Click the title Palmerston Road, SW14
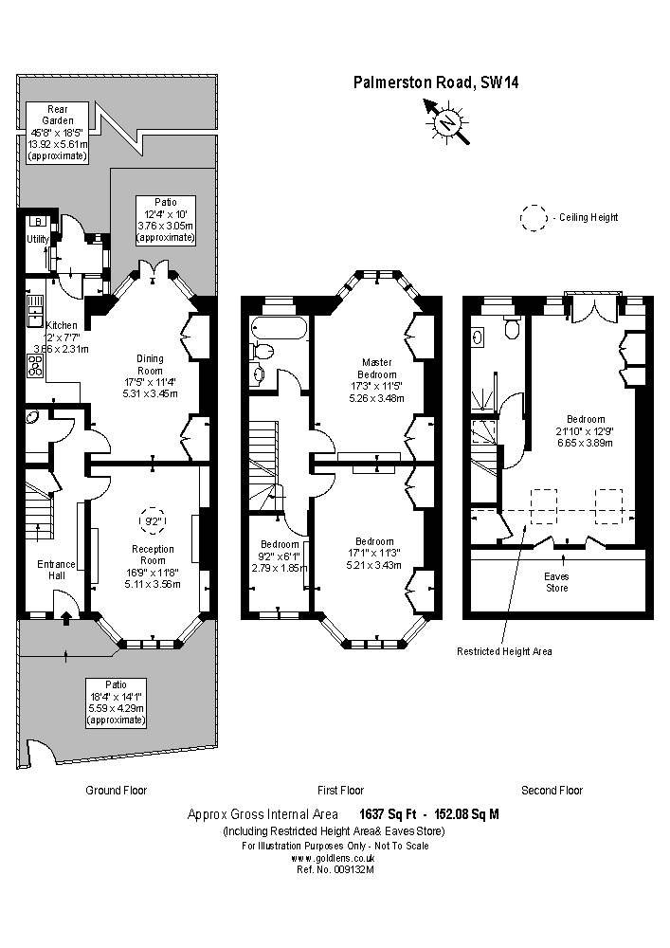pyautogui.click(x=436, y=82)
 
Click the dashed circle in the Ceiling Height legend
pyautogui.click(x=534, y=217)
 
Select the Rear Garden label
pyautogui.click(x=58, y=114)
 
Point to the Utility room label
pyautogui.click(x=38, y=239)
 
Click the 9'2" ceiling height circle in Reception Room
pyautogui.click(x=152, y=520)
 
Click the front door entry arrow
pyautogui.click(x=65, y=619)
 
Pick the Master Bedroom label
pyautogui.click(x=375, y=367)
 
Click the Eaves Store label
pyautogui.click(x=556, y=581)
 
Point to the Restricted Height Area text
pyautogui.click(x=504, y=651)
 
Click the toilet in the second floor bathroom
pyautogui.click(x=513, y=328)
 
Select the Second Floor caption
pyautogui.click(x=552, y=790)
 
